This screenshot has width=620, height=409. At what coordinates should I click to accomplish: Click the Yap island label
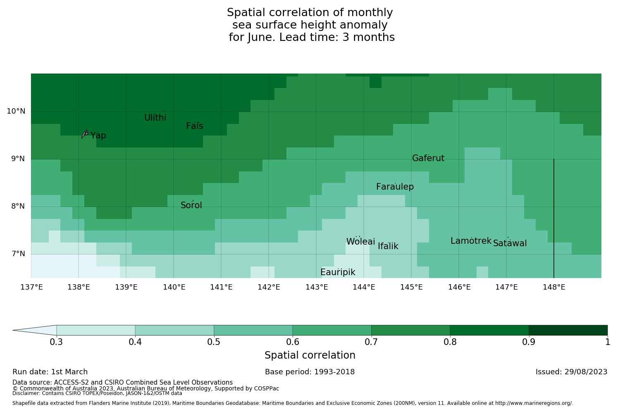click(x=98, y=136)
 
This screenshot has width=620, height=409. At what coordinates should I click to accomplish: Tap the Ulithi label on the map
click(x=155, y=118)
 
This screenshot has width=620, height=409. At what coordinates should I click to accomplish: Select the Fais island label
click(x=194, y=126)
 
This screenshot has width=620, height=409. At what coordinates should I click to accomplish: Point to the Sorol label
click(x=191, y=205)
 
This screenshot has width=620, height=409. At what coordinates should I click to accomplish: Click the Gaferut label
click(x=428, y=158)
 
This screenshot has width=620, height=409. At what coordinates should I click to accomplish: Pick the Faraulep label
click(x=395, y=187)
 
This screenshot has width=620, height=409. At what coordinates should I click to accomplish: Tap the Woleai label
click(x=360, y=242)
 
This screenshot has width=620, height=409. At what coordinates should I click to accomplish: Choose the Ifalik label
click(x=388, y=247)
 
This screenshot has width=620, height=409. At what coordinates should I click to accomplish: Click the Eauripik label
click(x=338, y=272)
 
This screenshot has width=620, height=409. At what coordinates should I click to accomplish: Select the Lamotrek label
click(x=471, y=241)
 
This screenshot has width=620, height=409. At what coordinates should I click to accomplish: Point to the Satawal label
click(x=510, y=243)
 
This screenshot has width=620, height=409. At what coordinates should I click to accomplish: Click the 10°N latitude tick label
click(x=16, y=111)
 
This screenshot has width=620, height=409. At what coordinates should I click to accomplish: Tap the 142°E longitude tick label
click(x=269, y=287)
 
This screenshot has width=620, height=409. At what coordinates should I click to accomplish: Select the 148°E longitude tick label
click(x=554, y=287)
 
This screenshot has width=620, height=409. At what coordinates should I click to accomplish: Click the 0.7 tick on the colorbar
click(x=371, y=342)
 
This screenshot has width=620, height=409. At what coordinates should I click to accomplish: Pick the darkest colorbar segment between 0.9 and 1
click(x=568, y=330)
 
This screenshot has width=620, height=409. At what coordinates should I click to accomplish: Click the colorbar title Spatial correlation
click(x=310, y=355)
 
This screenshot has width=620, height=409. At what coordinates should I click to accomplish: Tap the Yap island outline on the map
click(x=85, y=134)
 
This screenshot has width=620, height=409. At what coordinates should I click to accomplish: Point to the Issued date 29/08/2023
click(x=571, y=372)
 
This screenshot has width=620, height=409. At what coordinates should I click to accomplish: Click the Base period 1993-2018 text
click(x=310, y=372)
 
